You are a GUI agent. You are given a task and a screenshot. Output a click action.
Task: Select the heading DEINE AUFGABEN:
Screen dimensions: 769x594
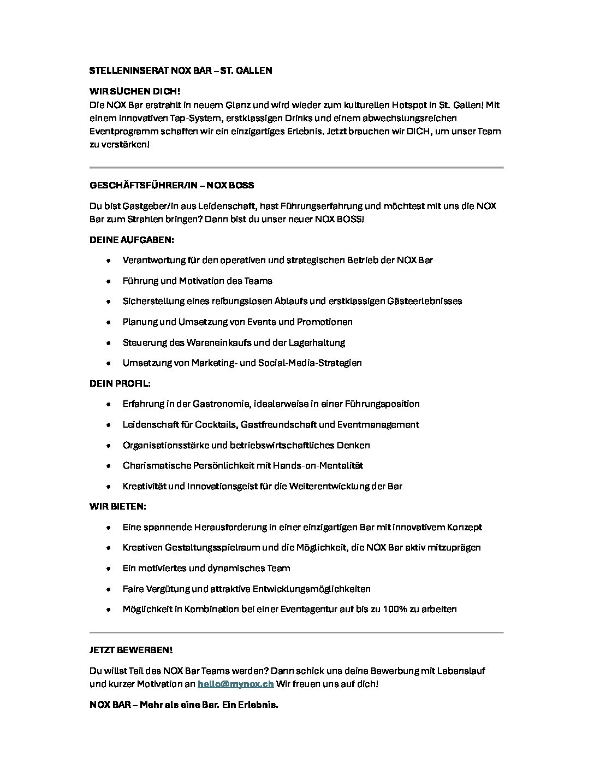[132, 240]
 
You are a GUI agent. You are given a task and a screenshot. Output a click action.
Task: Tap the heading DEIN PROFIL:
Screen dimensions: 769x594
[120, 383]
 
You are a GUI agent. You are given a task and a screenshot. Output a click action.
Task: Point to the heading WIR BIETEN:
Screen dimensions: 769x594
[117, 506]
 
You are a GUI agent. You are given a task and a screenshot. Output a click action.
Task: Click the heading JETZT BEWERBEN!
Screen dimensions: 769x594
[131, 650]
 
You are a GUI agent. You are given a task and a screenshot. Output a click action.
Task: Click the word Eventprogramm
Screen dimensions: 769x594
[120, 132]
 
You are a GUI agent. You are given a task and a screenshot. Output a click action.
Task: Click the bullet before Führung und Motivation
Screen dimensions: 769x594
[109, 281]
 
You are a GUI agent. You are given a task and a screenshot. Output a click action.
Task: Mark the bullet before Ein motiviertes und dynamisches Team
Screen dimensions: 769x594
[109, 569]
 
